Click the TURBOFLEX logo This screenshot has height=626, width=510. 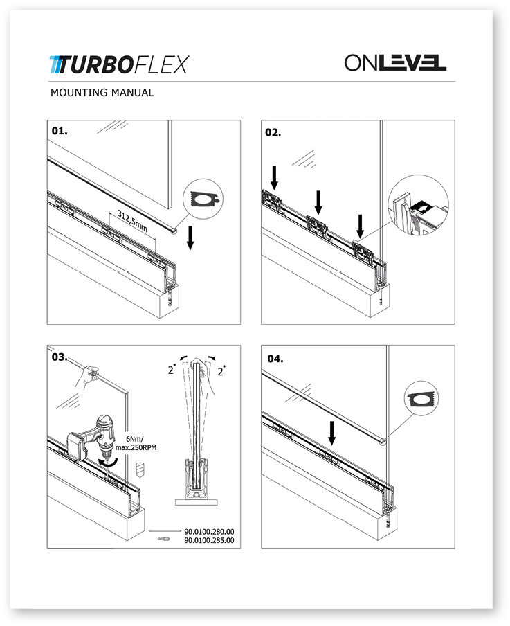118,64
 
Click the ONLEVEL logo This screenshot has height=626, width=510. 395,63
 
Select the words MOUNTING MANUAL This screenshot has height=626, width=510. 102,93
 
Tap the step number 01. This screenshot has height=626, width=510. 60,131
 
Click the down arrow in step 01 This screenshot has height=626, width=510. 190,240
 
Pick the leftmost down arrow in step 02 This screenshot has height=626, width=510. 275,177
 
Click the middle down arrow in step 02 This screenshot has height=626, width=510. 318,202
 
